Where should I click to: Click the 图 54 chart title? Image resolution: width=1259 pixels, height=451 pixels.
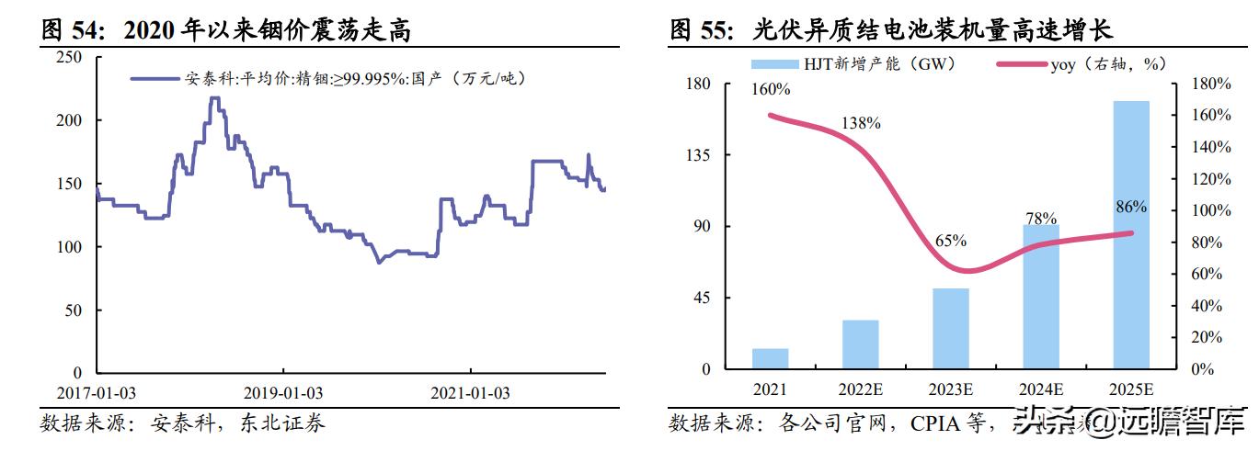[x=226, y=30]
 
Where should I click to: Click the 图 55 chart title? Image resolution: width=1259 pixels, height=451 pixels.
[x=891, y=30]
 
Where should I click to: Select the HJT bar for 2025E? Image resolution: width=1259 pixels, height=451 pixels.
[x=1130, y=235]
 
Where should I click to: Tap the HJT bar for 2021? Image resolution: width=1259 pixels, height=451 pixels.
[x=770, y=359]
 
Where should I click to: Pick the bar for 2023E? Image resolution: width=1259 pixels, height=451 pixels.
[x=950, y=329]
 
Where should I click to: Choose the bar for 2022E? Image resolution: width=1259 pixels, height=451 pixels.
[x=860, y=344]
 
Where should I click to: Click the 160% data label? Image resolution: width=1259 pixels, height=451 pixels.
[x=771, y=90]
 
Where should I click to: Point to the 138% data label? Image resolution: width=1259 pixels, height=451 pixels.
[x=861, y=122]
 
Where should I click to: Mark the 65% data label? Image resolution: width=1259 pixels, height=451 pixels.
[x=950, y=241]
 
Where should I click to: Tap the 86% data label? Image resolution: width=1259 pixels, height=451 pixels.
[x=1130, y=207]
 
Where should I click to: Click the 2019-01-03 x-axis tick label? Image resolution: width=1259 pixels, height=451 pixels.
[x=283, y=393]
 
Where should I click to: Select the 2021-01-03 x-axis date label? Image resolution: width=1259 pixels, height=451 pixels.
[x=471, y=393]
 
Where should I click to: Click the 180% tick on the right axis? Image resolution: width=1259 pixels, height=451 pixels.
[x=1210, y=84]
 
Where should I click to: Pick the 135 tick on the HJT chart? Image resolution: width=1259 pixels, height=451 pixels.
[x=699, y=155]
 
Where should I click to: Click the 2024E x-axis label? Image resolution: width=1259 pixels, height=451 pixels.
[x=1040, y=389]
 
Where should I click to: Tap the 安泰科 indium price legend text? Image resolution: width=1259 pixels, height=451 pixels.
[x=354, y=80]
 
